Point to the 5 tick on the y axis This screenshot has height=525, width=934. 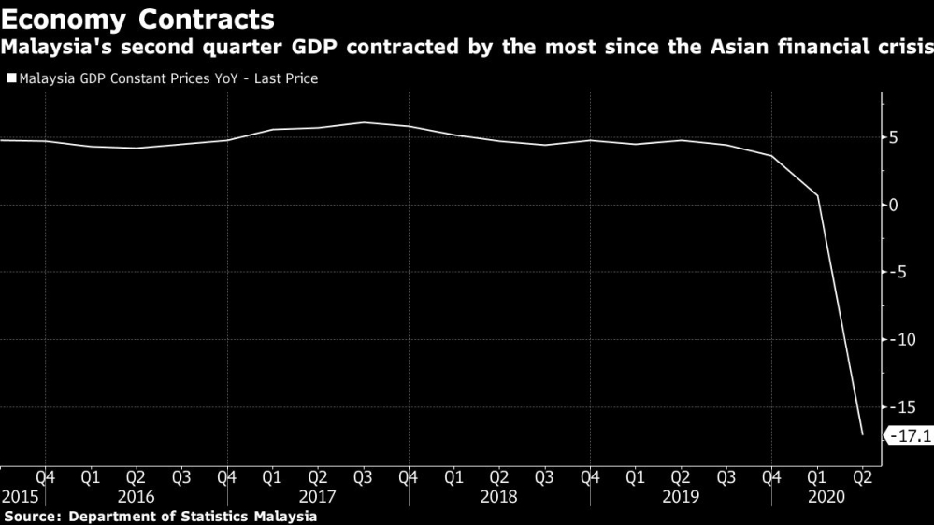[894, 138]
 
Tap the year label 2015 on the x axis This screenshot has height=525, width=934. [20, 497]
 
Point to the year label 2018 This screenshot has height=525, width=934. [497, 497]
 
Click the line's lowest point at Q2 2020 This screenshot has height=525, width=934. [862, 434]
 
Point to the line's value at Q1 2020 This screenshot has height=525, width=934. [817, 195]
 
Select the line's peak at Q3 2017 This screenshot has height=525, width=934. [362, 122]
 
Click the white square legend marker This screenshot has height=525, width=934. [11, 79]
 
